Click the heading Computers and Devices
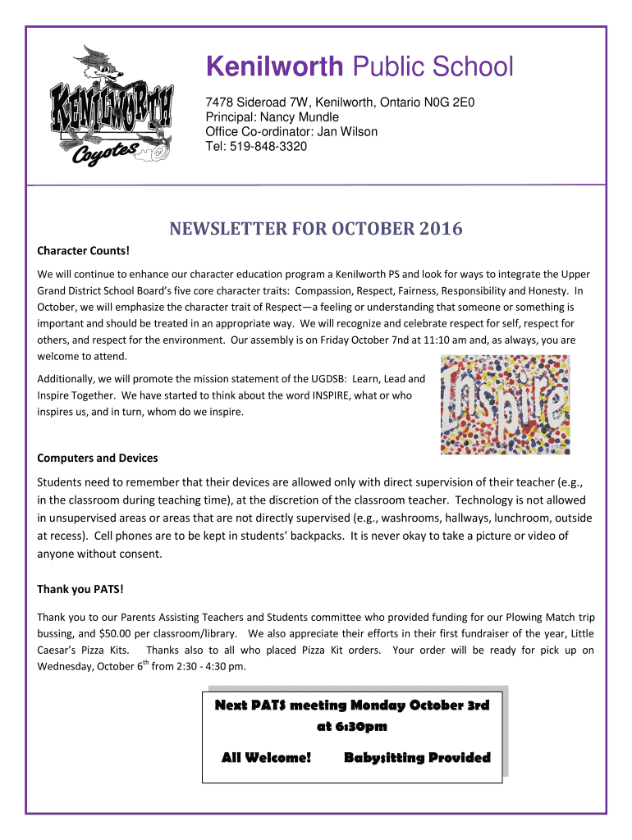coord(98,458)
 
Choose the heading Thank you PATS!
coord(80,589)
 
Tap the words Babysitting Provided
coord(417,757)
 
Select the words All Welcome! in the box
coord(267,757)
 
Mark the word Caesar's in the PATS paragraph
coord(61,651)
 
